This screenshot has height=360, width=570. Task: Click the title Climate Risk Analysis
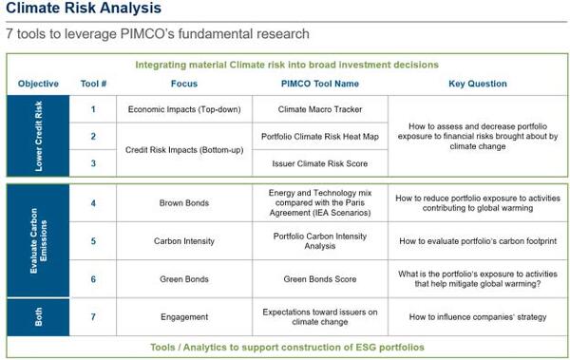(83, 10)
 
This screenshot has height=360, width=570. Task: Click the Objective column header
(37, 85)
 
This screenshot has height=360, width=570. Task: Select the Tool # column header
(93, 85)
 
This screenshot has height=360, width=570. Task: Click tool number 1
(93, 109)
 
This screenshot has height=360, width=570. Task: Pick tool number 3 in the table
(93, 163)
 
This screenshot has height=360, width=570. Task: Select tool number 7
(93, 315)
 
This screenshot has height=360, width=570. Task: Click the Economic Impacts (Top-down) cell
(185, 109)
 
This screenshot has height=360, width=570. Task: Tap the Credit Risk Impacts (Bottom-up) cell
(185, 150)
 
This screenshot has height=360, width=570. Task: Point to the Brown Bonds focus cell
(185, 202)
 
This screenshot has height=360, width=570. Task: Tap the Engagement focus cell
(185, 315)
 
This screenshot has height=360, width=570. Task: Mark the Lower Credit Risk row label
(37, 136)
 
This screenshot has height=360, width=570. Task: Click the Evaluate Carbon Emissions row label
(37, 240)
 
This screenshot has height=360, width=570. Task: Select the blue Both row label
(37, 315)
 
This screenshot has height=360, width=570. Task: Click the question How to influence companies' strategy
(476, 315)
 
